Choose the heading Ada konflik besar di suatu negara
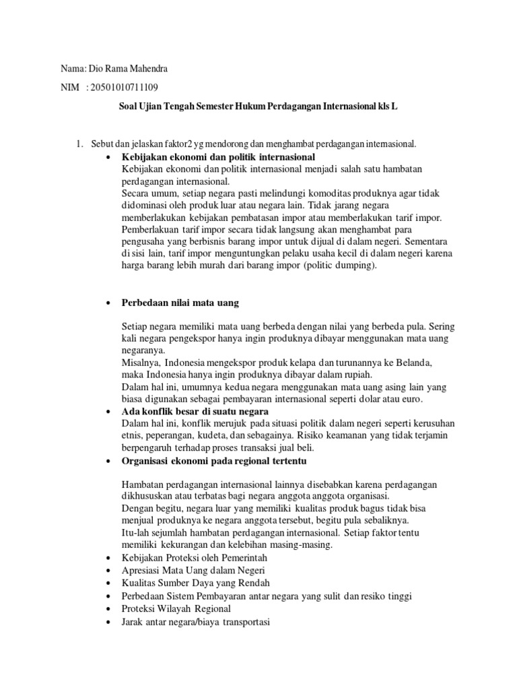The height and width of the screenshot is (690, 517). pyautogui.click(x=195, y=411)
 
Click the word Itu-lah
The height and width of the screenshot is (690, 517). pyautogui.click(x=135, y=533)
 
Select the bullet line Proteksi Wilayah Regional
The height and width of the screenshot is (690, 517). pyautogui.click(x=176, y=610)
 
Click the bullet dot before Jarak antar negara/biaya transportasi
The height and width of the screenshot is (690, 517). pyautogui.click(x=108, y=623)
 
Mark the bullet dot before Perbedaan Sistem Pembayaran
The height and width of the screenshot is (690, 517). pyautogui.click(x=108, y=597)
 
